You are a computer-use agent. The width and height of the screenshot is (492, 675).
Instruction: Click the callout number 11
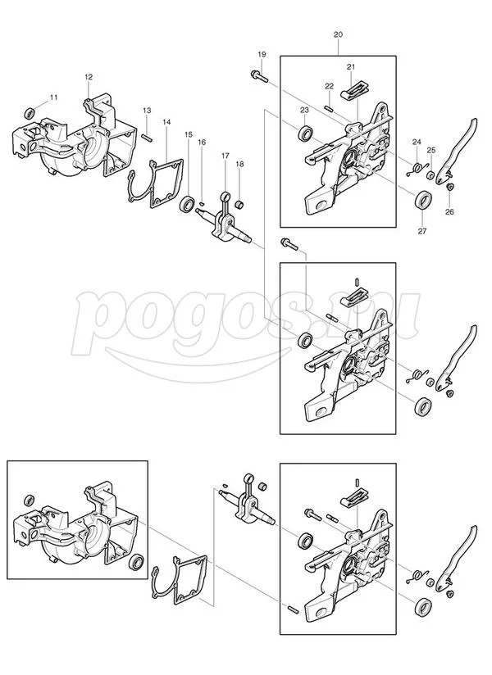pos(53,97)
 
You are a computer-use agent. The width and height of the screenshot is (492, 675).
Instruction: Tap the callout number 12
pos(89,77)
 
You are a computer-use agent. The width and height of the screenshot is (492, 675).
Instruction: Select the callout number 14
pos(166,122)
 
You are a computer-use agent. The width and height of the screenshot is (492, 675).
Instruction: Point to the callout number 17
pos(225,156)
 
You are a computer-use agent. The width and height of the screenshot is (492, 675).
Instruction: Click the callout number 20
pos(338,35)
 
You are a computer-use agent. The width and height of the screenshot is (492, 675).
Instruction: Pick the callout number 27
pos(422,231)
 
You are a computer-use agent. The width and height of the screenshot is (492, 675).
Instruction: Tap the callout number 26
pos(449,212)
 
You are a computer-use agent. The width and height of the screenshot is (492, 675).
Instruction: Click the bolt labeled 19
pos(258,76)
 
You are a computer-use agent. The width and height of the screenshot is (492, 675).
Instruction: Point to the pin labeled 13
pos(147,137)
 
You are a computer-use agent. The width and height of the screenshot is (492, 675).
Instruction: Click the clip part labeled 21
pos(356,91)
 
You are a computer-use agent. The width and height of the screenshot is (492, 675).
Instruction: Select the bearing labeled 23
pos(306,133)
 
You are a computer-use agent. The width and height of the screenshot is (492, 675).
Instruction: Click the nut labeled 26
pos(449,188)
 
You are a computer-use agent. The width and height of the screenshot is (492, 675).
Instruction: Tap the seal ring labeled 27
pos(423,201)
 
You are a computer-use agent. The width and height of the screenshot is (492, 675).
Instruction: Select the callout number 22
pos(329,87)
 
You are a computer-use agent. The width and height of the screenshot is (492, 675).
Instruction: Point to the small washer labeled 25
pos(430,174)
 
